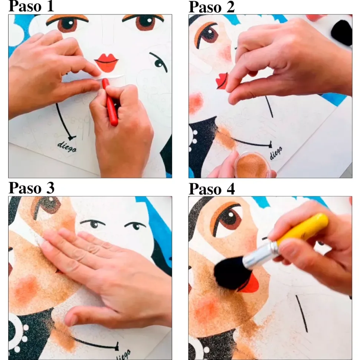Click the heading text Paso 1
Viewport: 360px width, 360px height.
(31, 6)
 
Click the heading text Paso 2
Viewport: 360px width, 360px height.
(212, 7)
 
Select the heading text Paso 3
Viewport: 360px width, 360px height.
(32, 188)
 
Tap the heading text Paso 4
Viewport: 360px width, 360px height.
(212, 189)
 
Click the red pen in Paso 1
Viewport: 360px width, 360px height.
(110, 102)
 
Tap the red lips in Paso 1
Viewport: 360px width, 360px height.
(106, 62)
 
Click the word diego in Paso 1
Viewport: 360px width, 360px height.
(67, 147)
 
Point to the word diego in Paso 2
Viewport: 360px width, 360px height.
(276, 153)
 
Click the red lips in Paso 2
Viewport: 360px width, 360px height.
(222, 81)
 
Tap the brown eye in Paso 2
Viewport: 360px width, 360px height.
(207, 35)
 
